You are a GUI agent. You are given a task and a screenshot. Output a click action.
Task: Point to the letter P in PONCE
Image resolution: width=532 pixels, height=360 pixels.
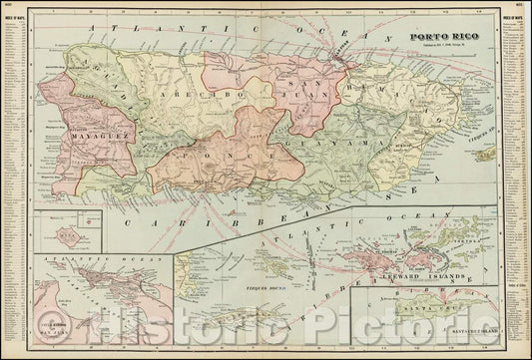(186, 158)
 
